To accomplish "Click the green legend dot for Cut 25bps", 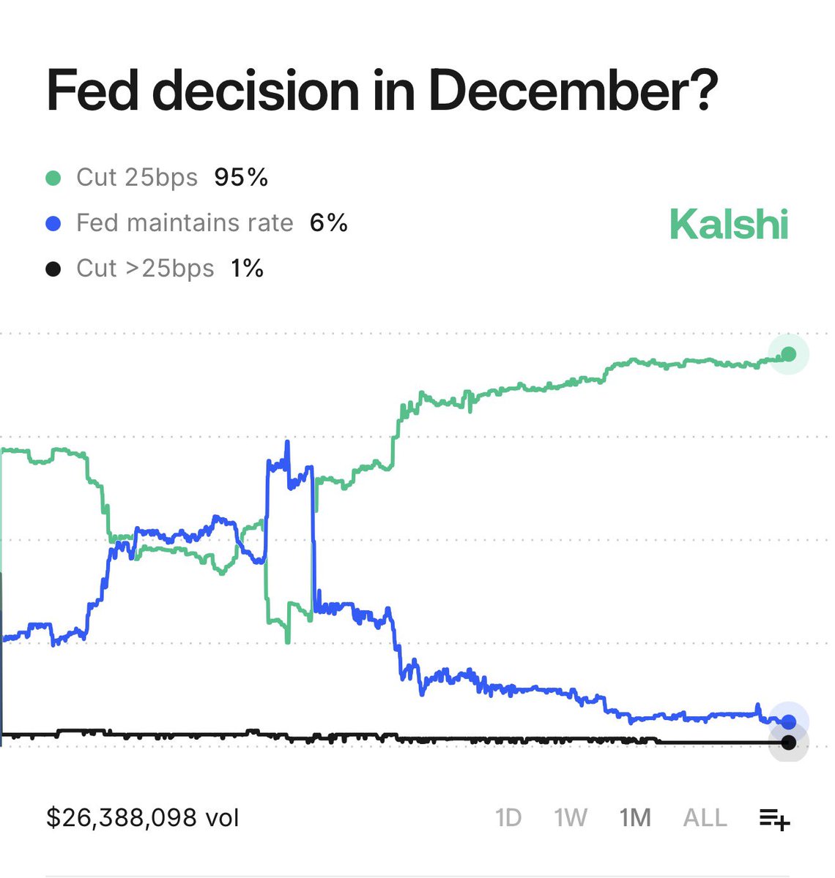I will click(53, 178).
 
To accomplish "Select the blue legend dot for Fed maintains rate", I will click(53, 223).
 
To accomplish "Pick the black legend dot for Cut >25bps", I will click(53, 269).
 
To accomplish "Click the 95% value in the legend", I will click(241, 178).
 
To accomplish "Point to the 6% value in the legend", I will click(328, 223).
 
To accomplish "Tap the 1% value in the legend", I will click(247, 269).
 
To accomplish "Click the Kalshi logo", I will click(729, 224).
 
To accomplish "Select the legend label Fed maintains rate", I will click(185, 223).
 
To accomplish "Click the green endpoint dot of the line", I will click(788, 354).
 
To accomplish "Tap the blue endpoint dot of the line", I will click(788, 722).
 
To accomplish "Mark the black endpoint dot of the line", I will click(788, 743).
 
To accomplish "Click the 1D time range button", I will click(508, 817).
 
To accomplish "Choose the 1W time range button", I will click(571, 817).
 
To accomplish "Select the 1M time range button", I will click(635, 817).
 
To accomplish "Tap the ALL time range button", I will click(705, 817).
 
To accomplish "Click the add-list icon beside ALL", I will click(774, 819).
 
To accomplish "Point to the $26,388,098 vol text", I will click(143, 817).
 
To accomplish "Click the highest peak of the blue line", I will click(287, 442).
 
